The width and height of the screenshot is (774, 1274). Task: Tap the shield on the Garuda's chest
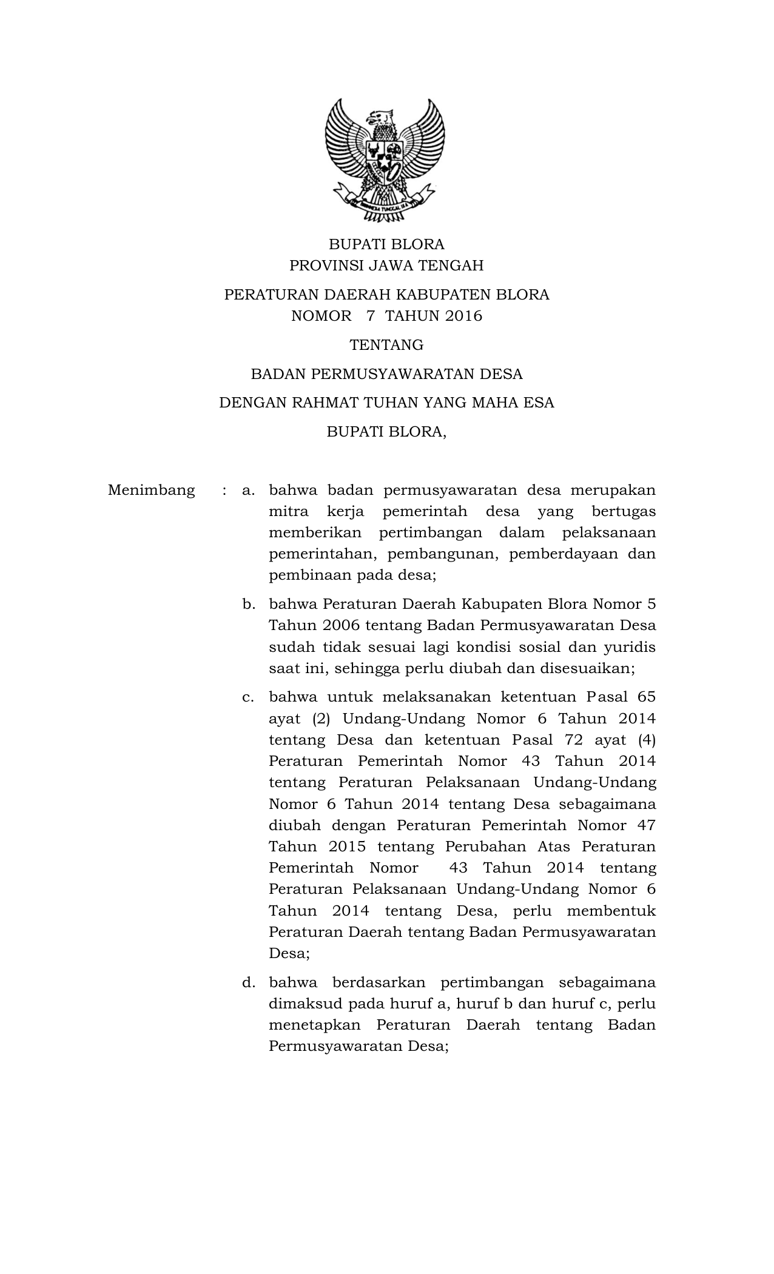[385, 156]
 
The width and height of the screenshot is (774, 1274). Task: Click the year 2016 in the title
[463, 316]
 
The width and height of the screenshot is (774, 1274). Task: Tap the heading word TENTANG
[386, 345]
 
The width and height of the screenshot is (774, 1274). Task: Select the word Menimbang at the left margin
[152, 490]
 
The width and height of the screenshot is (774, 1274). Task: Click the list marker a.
[247, 490]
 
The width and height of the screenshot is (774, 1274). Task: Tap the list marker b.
[247, 604]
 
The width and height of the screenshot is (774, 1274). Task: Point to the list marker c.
[247, 697]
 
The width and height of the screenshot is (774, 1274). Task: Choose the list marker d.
[247, 982]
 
